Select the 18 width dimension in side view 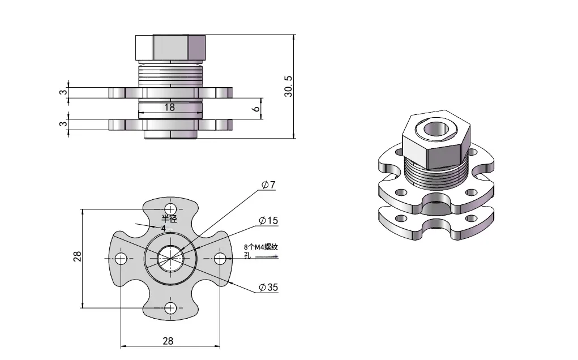169,106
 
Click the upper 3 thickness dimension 64,93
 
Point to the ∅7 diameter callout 268,185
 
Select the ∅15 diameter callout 268,220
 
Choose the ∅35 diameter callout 268,288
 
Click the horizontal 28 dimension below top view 168,341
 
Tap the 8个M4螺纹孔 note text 261,250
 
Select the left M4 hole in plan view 121,259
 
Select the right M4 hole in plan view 220,259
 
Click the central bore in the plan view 170,258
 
